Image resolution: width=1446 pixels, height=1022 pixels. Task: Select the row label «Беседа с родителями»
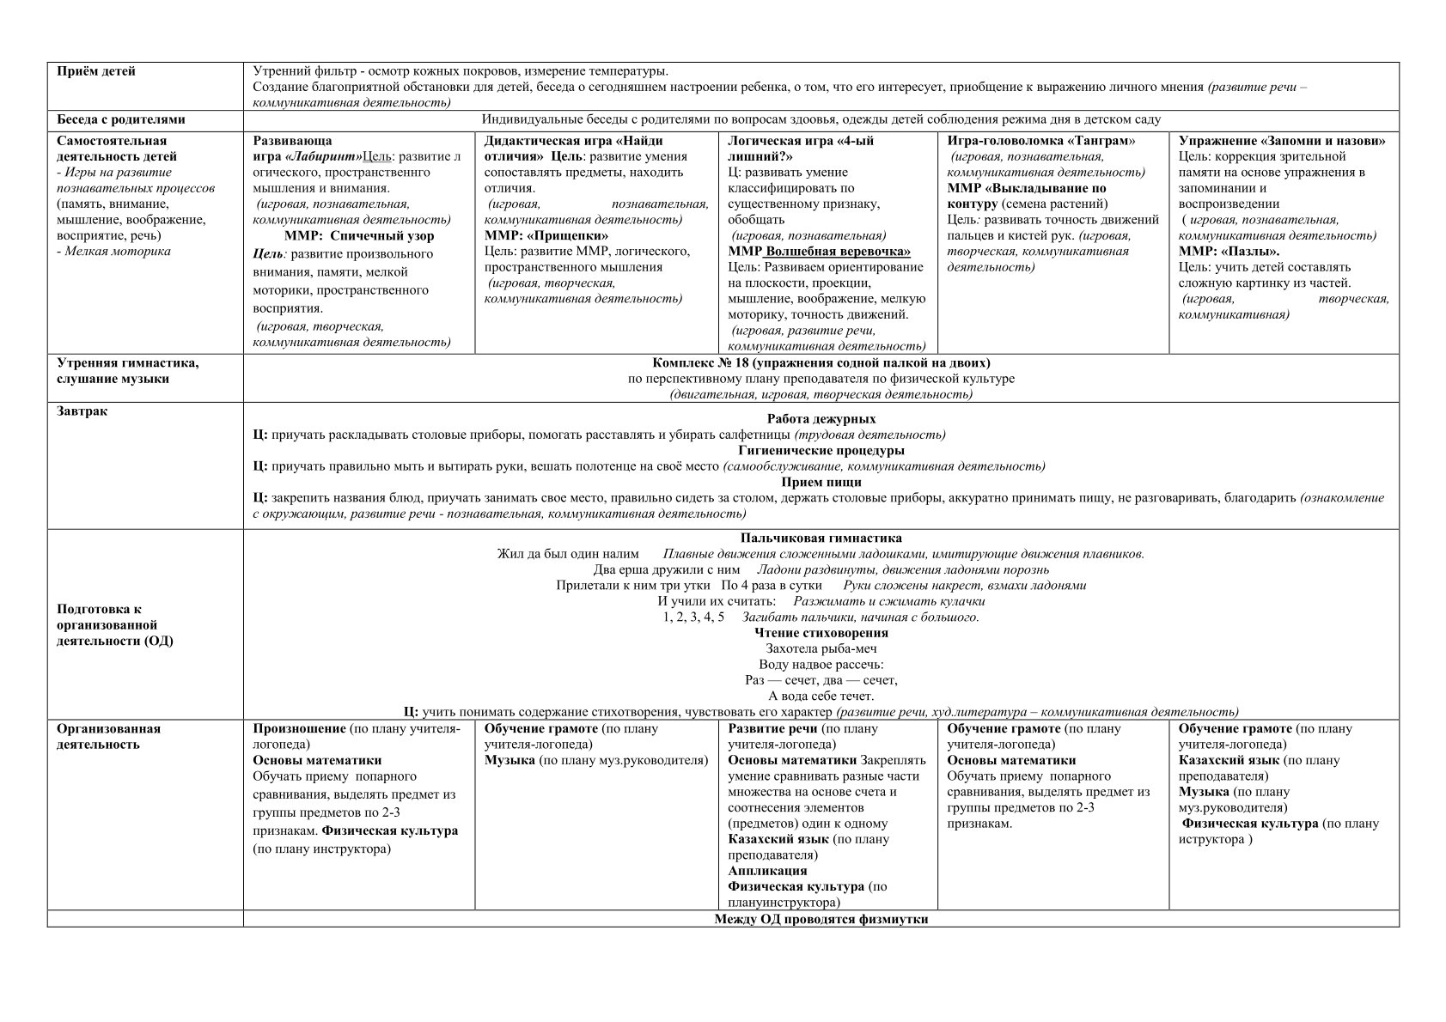point(121,119)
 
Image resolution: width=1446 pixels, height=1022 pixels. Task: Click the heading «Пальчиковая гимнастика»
point(821,538)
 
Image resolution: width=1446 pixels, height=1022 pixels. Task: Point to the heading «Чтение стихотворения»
point(821,633)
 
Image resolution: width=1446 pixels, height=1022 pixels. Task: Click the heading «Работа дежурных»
point(821,419)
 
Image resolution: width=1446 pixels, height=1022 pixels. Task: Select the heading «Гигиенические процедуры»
point(821,450)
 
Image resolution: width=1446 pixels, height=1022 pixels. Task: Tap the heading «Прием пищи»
point(821,482)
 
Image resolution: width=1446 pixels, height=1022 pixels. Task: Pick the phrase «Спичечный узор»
point(382,235)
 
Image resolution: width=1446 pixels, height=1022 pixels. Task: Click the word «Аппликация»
point(767,871)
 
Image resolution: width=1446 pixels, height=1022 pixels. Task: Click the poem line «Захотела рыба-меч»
point(821,649)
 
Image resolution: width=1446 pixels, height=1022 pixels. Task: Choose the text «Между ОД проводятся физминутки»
point(821,919)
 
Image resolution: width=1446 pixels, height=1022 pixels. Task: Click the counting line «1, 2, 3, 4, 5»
point(693,617)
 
